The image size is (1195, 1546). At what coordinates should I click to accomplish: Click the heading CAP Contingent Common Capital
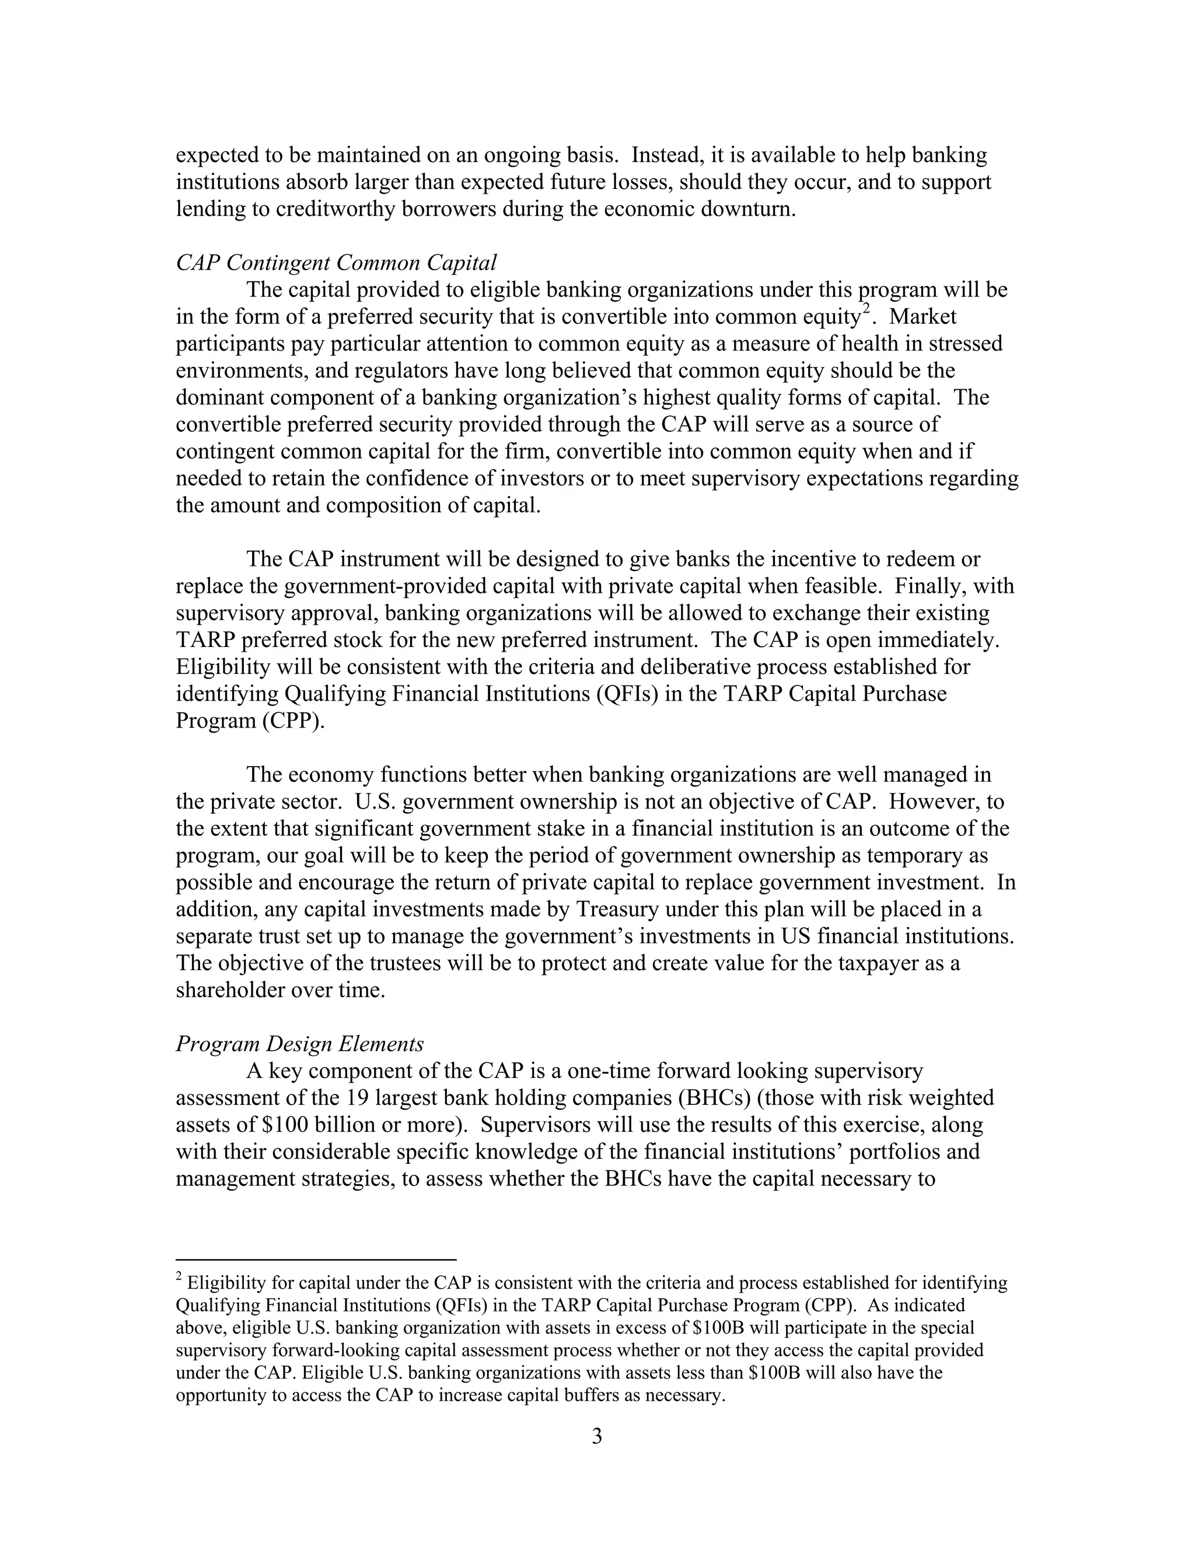pos(336,263)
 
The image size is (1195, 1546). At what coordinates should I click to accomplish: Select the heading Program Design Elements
pos(299,1044)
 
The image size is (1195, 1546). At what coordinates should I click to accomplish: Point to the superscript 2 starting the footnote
pos(179,1278)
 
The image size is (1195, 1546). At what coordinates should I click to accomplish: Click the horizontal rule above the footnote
pos(316,1260)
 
